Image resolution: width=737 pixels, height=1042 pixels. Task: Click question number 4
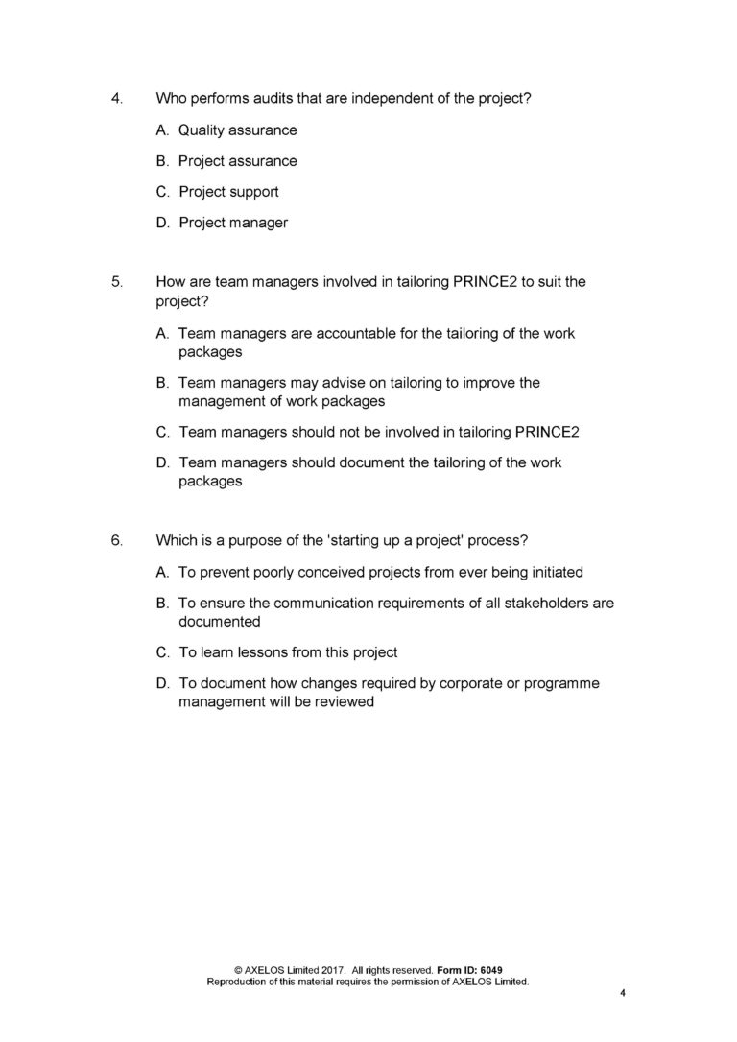pos(116,99)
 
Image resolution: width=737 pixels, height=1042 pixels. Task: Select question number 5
pos(116,282)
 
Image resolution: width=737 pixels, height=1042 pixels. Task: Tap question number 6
pos(116,540)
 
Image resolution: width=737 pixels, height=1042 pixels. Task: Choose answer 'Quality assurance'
pos(237,130)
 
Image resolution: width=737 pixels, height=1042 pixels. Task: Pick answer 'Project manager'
pos(232,223)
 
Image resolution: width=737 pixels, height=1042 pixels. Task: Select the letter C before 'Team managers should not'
pos(162,432)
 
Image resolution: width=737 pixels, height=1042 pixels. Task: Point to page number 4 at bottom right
pos(622,992)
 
